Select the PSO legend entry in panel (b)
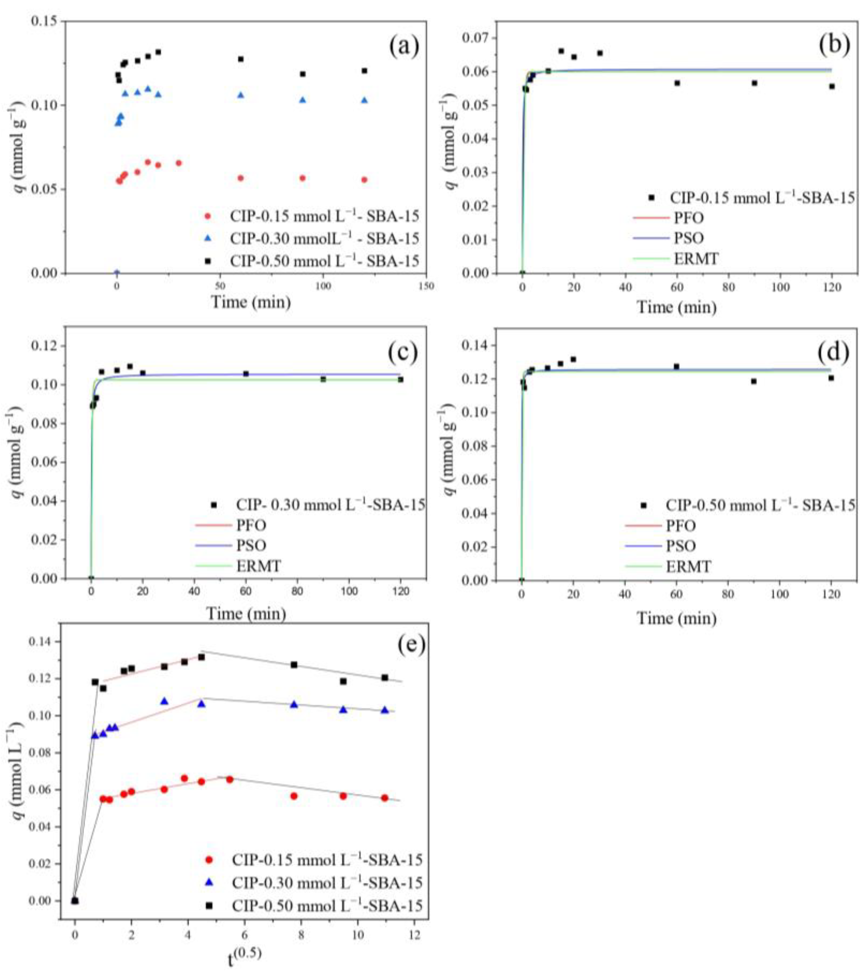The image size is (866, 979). point(689,238)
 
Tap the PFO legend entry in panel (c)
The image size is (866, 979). point(251,525)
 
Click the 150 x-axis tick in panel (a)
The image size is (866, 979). point(426,286)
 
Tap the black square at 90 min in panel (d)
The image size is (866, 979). point(753,381)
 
